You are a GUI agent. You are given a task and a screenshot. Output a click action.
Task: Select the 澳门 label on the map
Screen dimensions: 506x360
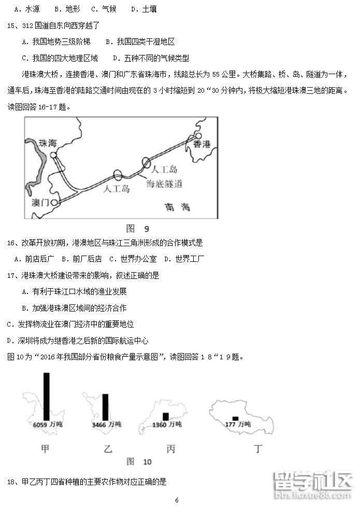pos(39,202)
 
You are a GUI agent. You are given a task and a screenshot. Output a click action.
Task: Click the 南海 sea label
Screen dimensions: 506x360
pos(178,207)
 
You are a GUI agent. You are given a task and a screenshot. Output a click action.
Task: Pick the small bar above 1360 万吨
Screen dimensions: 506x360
pos(166,416)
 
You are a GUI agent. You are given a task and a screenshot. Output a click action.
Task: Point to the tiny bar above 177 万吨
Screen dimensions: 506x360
pos(235,418)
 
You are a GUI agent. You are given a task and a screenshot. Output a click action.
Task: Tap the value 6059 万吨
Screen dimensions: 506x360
pos(47,425)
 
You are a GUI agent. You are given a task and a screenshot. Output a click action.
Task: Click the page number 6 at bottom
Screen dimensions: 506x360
pos(177,500)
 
